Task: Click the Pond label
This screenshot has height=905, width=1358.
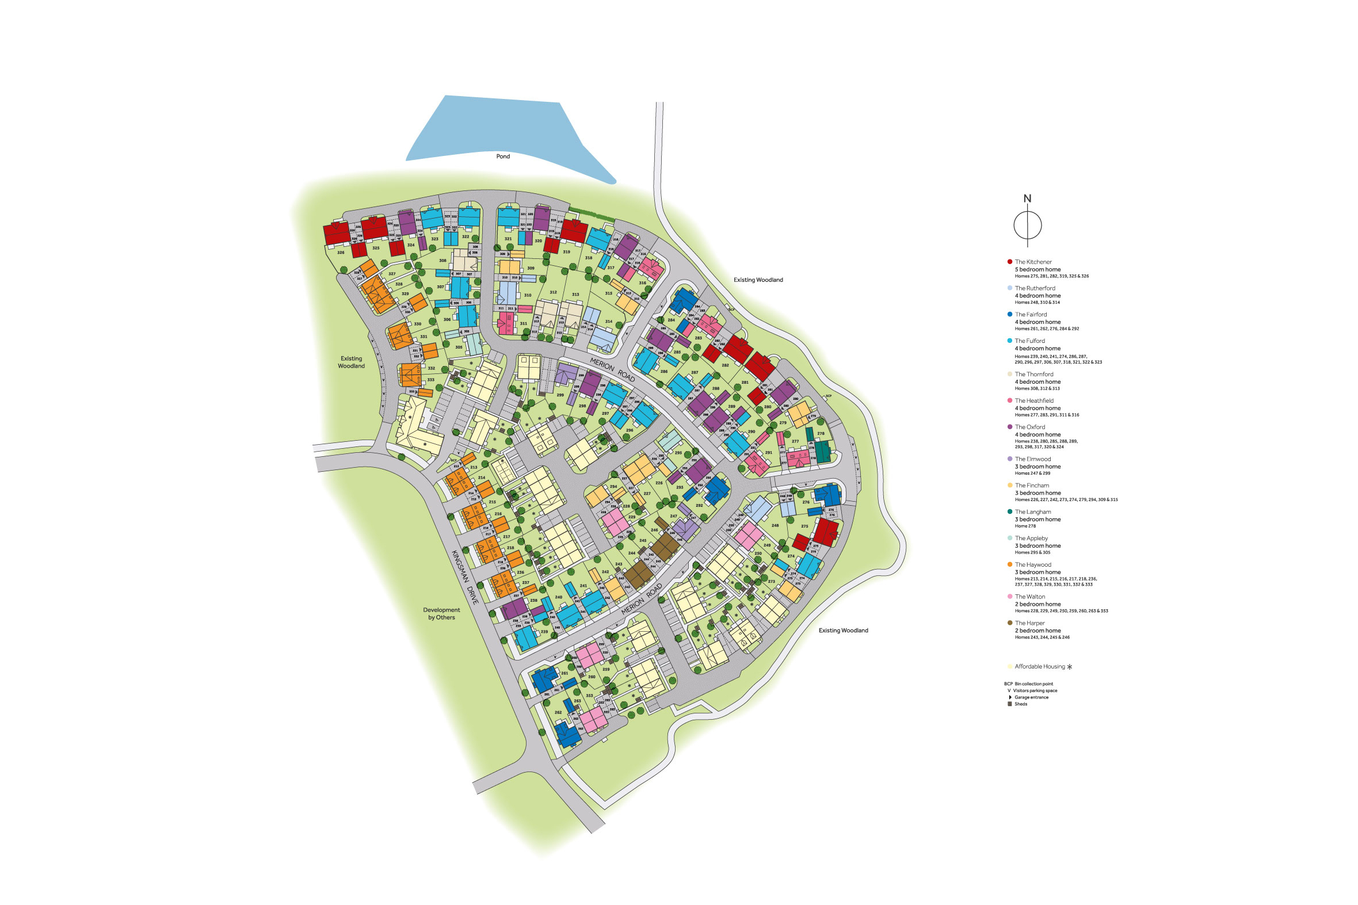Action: (x=503, y=156)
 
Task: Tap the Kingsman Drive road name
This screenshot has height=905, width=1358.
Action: (x=465, y=576)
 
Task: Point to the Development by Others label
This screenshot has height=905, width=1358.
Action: (x=441, y=613)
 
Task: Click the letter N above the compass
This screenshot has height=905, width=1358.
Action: (x=1027, y=198)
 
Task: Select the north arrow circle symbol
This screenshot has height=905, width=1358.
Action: (x=1027, y=225)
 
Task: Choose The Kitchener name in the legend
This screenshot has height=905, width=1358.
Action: (x=1033, y=262)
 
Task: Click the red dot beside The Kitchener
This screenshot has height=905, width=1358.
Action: (x=1009, y=262)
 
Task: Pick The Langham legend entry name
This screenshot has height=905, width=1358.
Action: (x=1032, y=512)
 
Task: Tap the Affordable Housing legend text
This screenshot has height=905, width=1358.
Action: (x=1039, y=667)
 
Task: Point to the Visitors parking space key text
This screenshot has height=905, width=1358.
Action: (x=1035, y=691)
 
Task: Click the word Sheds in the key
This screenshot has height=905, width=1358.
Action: (x=1020, y=704)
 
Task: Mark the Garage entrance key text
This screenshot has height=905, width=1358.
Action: (x=1031, y=697)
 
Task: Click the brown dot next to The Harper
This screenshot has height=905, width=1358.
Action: (x=1009, y=623)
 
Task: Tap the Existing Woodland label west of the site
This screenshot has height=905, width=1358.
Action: (x=351, y=362)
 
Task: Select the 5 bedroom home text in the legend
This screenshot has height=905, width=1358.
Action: (x=1037, y=269)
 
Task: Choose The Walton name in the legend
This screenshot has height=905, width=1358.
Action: (x=1029, y=597)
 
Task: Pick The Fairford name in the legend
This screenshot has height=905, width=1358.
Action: (x=1031, y=315)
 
